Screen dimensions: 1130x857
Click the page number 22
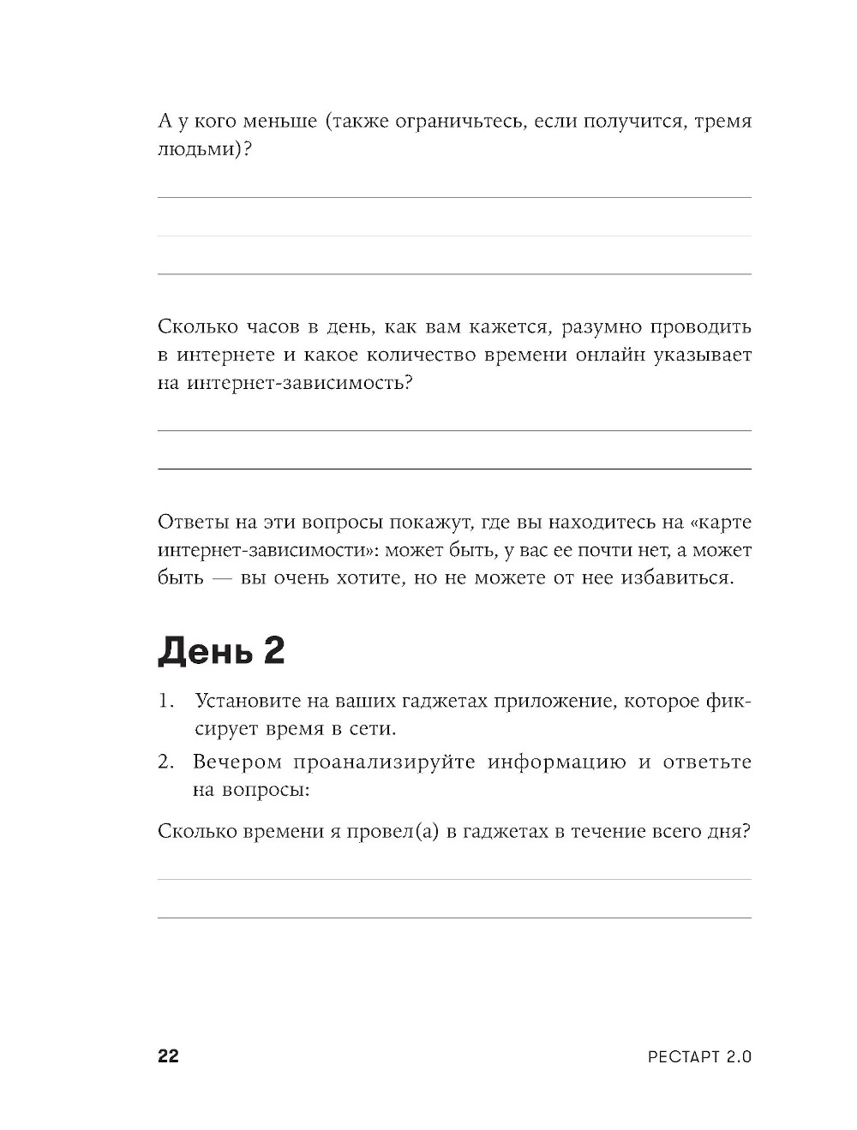pyautogui.click(x=168, y=1055)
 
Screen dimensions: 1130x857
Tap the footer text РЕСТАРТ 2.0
pyautogui.click(x=699, y=1056)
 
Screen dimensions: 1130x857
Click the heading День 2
pyautogui.click(x=221, y=652)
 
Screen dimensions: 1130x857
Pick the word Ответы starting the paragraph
pyautogui.click(x=190, y=522)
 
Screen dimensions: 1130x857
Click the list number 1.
pyautogui.click(x=165, y=701)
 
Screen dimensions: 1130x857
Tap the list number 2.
pyautogui.click(x=165, y=762)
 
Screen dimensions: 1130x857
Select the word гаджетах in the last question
pyautogui.click(x=505, y=831)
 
